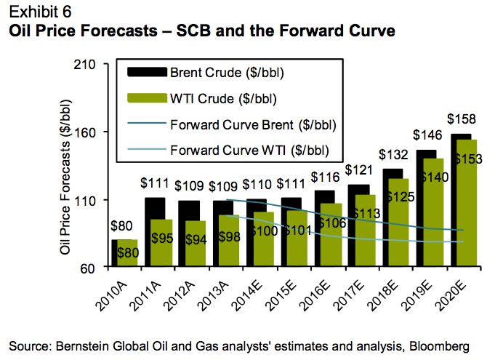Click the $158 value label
[x=462, y=119]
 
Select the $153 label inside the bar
[x=469, y=160]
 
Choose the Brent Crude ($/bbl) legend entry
[x=227, y=73]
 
